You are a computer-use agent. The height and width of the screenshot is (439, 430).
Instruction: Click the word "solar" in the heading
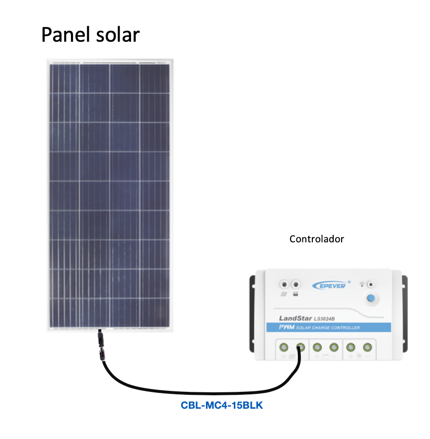pos(118,35)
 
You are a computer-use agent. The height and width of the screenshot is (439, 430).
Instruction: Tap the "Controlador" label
pos(317,239)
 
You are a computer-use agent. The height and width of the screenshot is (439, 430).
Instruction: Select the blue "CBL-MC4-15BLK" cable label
pos(222,405)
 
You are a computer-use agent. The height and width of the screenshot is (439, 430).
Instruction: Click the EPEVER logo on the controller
pos(331,286)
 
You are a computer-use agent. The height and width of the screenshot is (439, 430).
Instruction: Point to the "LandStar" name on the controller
pos(295,318)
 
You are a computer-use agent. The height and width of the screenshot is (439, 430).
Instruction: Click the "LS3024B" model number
pos(324,319)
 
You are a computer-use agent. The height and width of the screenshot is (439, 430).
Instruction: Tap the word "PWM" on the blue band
pos(287,327)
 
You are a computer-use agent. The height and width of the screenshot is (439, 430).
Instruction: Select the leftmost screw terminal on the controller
pos(284,348)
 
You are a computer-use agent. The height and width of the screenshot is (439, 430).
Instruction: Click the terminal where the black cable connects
pos(300,348)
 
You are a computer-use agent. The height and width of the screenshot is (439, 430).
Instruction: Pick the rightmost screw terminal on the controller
pos(367,348)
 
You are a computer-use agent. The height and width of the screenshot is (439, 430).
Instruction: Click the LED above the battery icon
pos(295,285)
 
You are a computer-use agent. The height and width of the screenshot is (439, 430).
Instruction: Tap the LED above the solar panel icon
pos(284,285)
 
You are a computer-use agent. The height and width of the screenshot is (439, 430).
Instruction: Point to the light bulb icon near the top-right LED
pos(362,285)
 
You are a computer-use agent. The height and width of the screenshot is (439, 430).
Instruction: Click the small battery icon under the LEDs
pos(295,294)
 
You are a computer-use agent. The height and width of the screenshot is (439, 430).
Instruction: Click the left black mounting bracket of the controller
pos(252,314)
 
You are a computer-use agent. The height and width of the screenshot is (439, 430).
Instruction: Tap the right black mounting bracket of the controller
pos(405,314)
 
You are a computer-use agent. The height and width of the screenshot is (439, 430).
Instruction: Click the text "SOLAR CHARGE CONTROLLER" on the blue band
pos(328,328)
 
